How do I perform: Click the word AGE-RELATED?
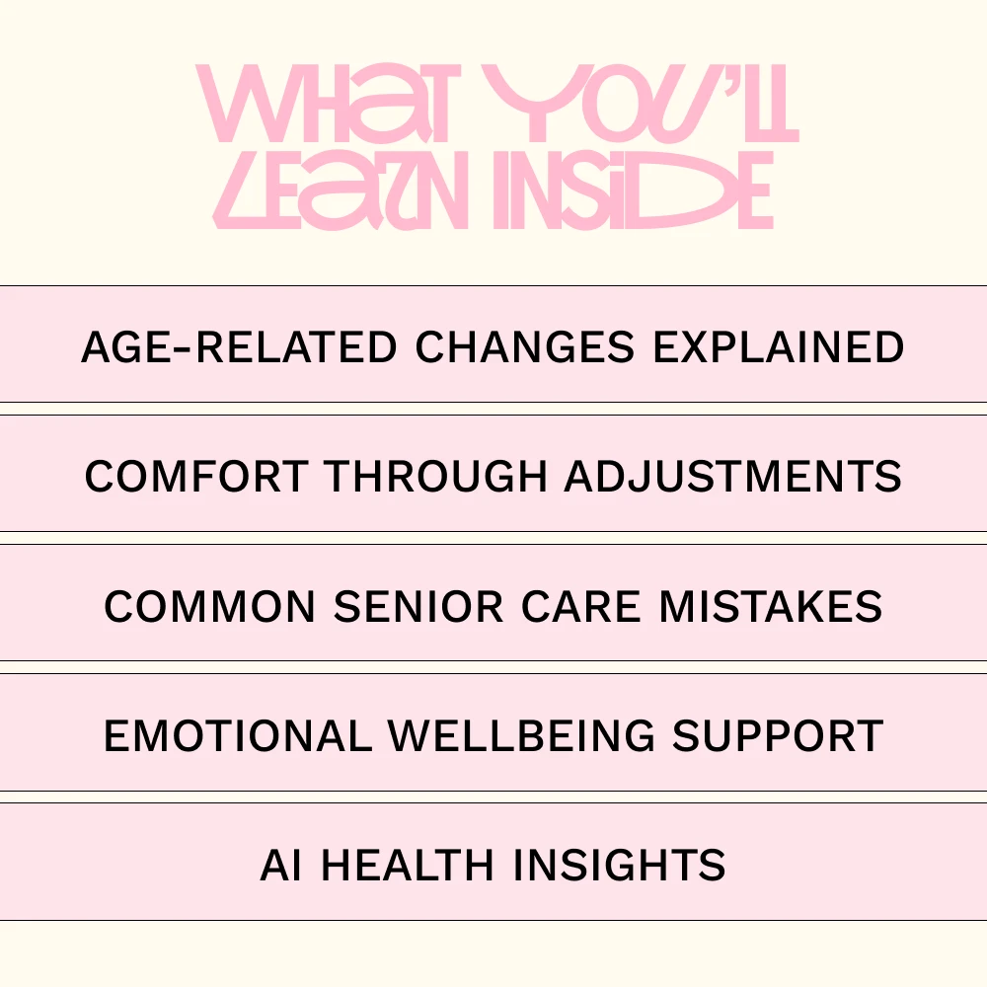pos(239,346)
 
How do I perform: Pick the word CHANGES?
pos(525,346)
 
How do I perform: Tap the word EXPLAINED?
pos(779,346)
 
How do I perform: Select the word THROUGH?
pos(435,476)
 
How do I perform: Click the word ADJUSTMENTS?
pos(732,476)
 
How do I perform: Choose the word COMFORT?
pos(196,476)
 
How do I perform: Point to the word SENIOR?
pos(418,607)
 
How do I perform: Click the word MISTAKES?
pos(771,607)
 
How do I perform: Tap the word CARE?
pos(581,607)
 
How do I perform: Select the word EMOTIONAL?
pos(237,736)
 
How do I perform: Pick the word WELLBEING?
pos(522,736)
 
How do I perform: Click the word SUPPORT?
pos(778,736)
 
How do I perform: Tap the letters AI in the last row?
pos(280,865)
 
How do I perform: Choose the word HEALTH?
pos(408,865)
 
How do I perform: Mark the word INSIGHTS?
pos(620,865)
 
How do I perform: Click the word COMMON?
pos(209,607)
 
